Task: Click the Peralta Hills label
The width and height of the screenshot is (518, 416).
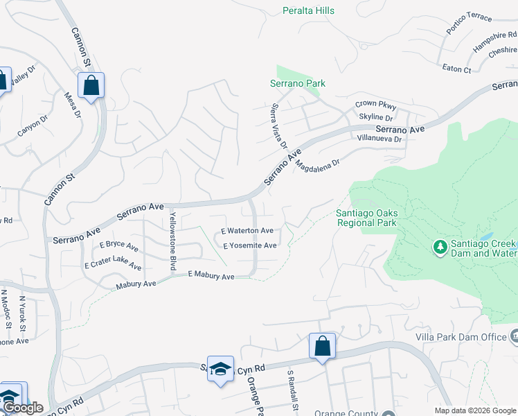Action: click(309, 10)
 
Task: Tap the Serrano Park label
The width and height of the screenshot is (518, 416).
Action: click(297, 83)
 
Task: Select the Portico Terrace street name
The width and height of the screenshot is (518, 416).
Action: click(469, 27)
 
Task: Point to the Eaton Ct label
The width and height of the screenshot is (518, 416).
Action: click(456, 69)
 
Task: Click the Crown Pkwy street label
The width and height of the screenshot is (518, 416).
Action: click(375, 105)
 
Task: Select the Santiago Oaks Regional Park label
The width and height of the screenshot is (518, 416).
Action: click(366, 218)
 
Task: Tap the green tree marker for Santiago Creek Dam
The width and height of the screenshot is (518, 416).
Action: click(438, 247)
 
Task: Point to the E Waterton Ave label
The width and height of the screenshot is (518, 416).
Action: click(247, 230)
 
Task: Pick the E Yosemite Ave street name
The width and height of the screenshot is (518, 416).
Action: click(250, 245)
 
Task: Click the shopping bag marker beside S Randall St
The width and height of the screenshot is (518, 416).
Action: click(322, 346)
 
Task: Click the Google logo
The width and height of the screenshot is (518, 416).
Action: click(22, 408)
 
